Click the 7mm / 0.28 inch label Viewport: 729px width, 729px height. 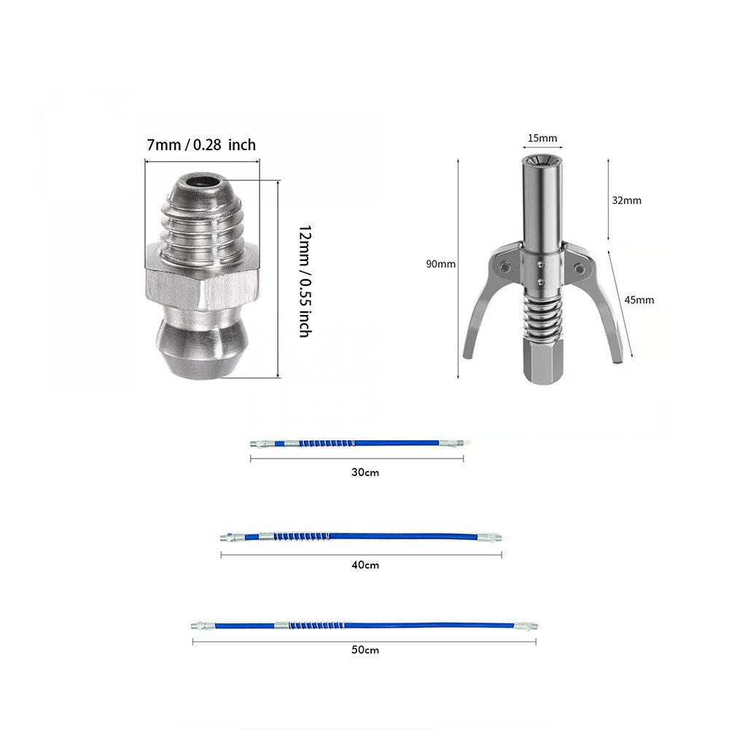(x=201, y=144)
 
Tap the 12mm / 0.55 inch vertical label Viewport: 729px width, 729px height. (x=305, y=281)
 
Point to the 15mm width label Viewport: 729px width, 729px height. (x=542, y=138)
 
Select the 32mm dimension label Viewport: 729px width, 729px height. (x=626, y=200)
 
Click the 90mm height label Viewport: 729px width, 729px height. (x=441, y=264)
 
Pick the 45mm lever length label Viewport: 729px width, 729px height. (x=639, y=300)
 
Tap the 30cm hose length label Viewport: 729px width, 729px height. (x=365, y=472)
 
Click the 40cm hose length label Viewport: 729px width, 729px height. (x=365, y=565)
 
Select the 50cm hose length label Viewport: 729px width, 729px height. (x=365, y=650)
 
